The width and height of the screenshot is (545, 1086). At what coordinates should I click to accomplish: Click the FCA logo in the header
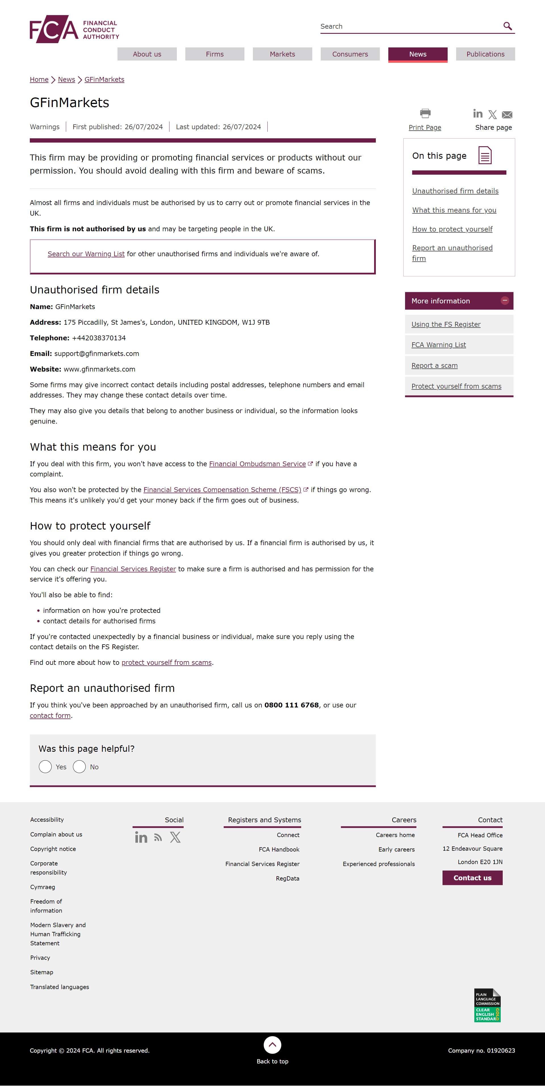[x=74, y=29]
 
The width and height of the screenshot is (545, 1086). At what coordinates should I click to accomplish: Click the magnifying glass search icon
[x=508, y=26]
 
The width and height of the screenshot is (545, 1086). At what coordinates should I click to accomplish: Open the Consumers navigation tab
[x=350, y=54]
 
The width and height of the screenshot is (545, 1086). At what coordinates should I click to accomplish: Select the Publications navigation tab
[x=485, y=54]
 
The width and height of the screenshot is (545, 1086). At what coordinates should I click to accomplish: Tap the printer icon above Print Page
[x=425, y=113]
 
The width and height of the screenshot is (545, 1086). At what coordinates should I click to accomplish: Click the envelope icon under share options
[x=507, y=115]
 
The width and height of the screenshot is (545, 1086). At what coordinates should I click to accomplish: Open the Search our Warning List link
[x=86, y=254]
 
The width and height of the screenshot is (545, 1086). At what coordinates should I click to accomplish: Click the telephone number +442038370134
[x=98, y=338]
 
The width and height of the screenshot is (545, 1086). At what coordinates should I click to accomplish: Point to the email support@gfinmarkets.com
[x=97, y=353]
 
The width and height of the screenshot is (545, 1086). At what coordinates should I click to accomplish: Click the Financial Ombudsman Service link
[x=257, y=464]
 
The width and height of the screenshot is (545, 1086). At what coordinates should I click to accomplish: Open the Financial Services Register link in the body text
[x=133, y=569]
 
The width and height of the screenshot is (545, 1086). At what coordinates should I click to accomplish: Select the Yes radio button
[x=45, y=767]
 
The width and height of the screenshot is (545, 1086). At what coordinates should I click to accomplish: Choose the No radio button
[x=79, y=767]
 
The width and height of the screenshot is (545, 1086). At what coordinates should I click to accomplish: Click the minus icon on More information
[x=504, y=300]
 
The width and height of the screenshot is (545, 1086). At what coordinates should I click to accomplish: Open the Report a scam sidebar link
[x=434, y=366]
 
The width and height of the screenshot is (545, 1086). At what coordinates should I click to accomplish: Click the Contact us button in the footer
[x=472, y=878]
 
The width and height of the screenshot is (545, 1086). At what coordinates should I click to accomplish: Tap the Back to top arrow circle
[x=272, y=1045]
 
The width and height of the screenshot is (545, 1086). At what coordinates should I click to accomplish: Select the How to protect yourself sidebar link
[x=452, y=229]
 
